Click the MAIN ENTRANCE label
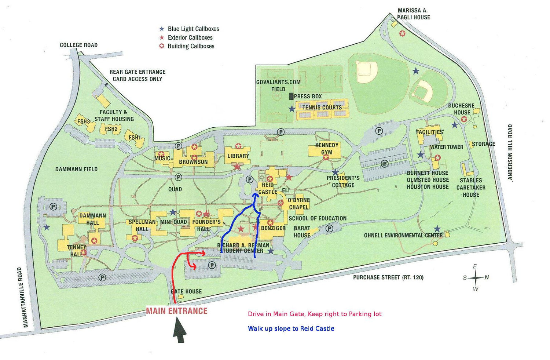pos(176,311)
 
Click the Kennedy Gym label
pos(327,149)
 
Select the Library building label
pos(238,156)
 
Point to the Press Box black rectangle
pos(291,96)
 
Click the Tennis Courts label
pos(322,108)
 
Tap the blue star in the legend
pos(162,29)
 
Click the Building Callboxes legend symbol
pos(162,46)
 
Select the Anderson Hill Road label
pos(510,152)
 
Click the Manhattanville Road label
pos(26,297)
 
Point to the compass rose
pos(475,278)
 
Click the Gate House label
pos(186,291)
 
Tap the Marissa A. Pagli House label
pos(414,14)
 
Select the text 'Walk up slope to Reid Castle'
pos(291,328)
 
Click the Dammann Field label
pos(76,169)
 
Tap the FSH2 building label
pos(111,129)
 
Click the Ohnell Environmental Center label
pos(403,235)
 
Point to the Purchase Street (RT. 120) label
pos(388,277)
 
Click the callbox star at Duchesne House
pos(464,119)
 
